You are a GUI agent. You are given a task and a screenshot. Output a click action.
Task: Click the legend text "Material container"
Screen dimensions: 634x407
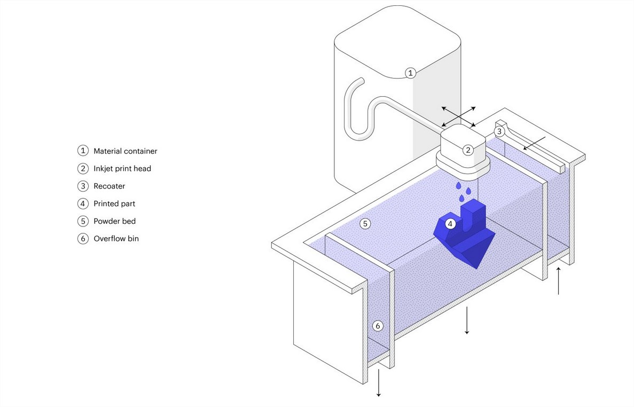click(x=126, y=151)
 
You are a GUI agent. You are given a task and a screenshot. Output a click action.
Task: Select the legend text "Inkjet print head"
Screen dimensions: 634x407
click(x=122, y=169)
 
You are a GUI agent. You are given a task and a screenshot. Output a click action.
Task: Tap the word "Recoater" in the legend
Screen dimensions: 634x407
click(x=109, y=186)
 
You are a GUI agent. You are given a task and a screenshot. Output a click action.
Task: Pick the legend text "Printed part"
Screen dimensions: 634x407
click(x=114, y=203)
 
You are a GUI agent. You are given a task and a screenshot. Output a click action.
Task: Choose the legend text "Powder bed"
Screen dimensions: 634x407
click(x=114, y=221)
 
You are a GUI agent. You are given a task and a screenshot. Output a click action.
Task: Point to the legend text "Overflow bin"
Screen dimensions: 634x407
click(x=116, y=238)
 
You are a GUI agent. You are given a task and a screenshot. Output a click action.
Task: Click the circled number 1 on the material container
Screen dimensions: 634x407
click(x=410, y=73)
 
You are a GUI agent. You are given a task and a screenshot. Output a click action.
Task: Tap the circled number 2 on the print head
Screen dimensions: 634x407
click(x=468, y=150)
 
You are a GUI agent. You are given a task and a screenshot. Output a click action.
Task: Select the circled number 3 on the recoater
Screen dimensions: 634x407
click(x=499, y=131)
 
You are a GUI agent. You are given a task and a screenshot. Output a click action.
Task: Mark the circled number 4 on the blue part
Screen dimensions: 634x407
click(x=450, y=223)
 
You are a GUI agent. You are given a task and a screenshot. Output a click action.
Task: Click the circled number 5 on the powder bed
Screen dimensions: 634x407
click(x=365, y=223)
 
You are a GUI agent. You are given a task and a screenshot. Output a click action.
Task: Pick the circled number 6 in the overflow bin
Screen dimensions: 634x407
click(x=378, y=326)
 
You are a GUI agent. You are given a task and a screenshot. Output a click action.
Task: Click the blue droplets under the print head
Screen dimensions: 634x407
click(x=464, y=192)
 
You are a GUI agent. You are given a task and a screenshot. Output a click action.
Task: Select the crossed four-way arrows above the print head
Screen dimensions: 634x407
click(x=458, y=117)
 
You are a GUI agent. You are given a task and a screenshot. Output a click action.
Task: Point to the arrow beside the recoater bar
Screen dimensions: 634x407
click(x=535, y=143)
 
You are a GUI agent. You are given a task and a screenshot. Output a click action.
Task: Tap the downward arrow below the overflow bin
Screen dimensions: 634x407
click(x=379, y=382)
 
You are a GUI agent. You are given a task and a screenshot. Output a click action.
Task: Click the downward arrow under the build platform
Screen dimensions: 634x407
click(x=467, y=320)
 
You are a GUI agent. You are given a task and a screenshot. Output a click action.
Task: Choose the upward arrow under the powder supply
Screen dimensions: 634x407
click(x=558, y=280)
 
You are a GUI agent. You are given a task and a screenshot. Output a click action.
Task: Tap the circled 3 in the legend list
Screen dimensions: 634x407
click(x=83, y=186)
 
